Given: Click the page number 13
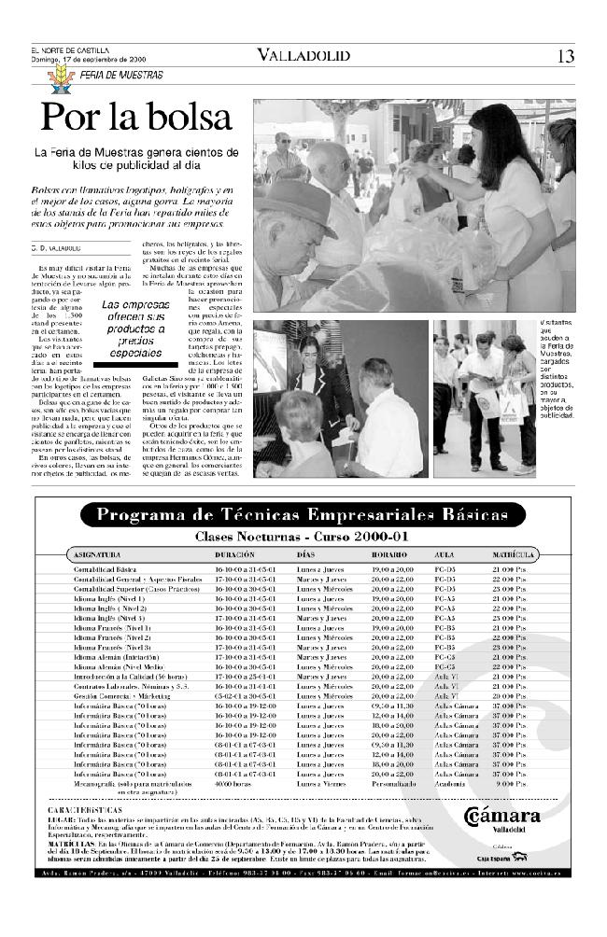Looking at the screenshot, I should [x=565, y=56].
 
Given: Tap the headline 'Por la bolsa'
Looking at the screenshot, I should [x=135, y=117].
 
